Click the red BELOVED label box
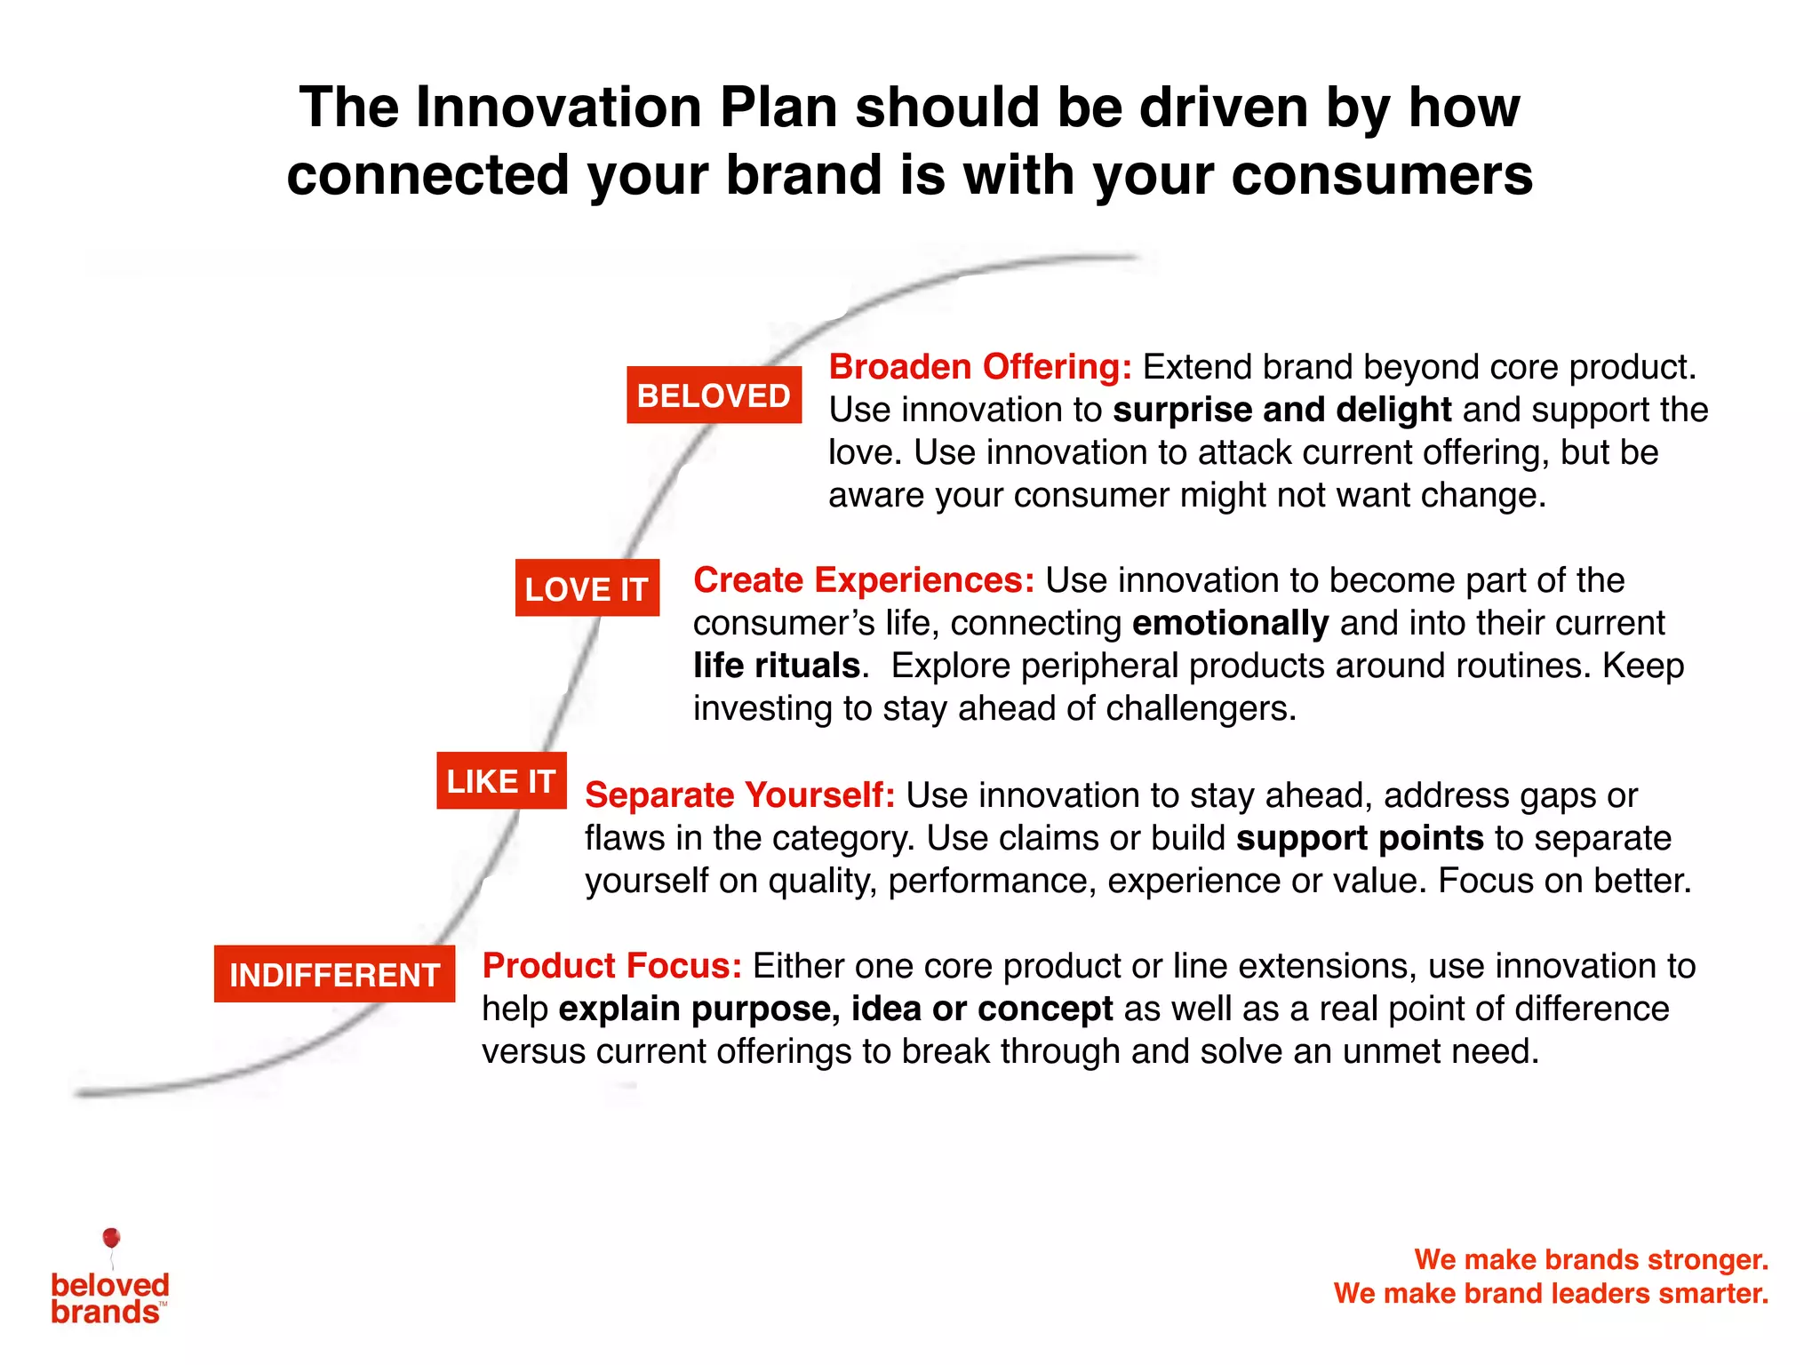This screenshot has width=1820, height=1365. [x=714, y=395]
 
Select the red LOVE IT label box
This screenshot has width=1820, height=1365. [x=587, y=588]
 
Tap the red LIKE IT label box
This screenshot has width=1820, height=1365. [x=501, y=781]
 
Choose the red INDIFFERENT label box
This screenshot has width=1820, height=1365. [x=334, y=974]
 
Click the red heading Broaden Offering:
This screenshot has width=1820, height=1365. [x=980, y=367]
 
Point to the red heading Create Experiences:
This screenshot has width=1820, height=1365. [x=864, y=580]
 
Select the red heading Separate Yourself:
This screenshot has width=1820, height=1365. [x=739, y=795]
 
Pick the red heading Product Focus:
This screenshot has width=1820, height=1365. [x=611, y=966]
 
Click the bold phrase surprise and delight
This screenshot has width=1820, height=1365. [x=1281, y=410]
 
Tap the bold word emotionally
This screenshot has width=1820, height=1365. [x=1230, y=623]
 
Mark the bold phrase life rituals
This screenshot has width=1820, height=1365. [x=776, y=666]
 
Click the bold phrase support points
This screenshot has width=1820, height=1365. [x=1360, y=838]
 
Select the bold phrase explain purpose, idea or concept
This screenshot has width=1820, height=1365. [x=834, y=1009]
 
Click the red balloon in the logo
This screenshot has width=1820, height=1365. [x=111, y=1238]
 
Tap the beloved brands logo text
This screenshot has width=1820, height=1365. [x=108, y=1298]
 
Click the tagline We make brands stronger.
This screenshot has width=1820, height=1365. [x=1591, y=1259]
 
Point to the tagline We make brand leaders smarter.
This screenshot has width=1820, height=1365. [x=1551, y=1293]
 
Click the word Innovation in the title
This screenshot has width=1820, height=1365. [x=559, y=108]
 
